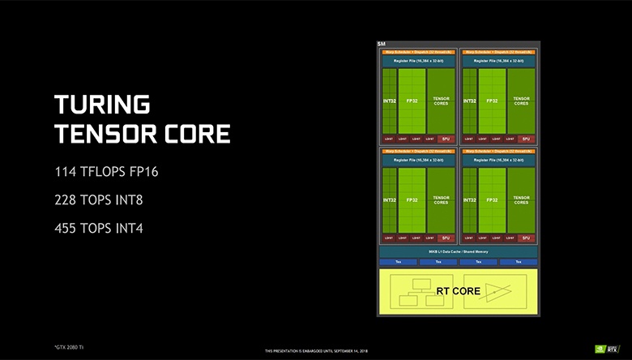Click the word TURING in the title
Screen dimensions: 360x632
point(102,104)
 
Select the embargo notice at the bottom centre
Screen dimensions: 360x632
point(316,350)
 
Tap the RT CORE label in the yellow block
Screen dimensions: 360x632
point(458,290)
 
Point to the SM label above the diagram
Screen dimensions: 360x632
point(382,43)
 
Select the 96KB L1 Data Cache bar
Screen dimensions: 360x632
point(459,252)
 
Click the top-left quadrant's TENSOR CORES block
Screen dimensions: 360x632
point(441,101)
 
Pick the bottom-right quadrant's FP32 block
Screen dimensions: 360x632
point(491,199)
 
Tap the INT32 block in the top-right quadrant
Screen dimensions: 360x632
point(469,101)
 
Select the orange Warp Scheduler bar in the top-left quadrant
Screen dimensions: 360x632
point(417,52)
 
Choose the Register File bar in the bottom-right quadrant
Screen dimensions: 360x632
point(498,160)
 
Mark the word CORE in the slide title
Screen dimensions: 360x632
point(197,132)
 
